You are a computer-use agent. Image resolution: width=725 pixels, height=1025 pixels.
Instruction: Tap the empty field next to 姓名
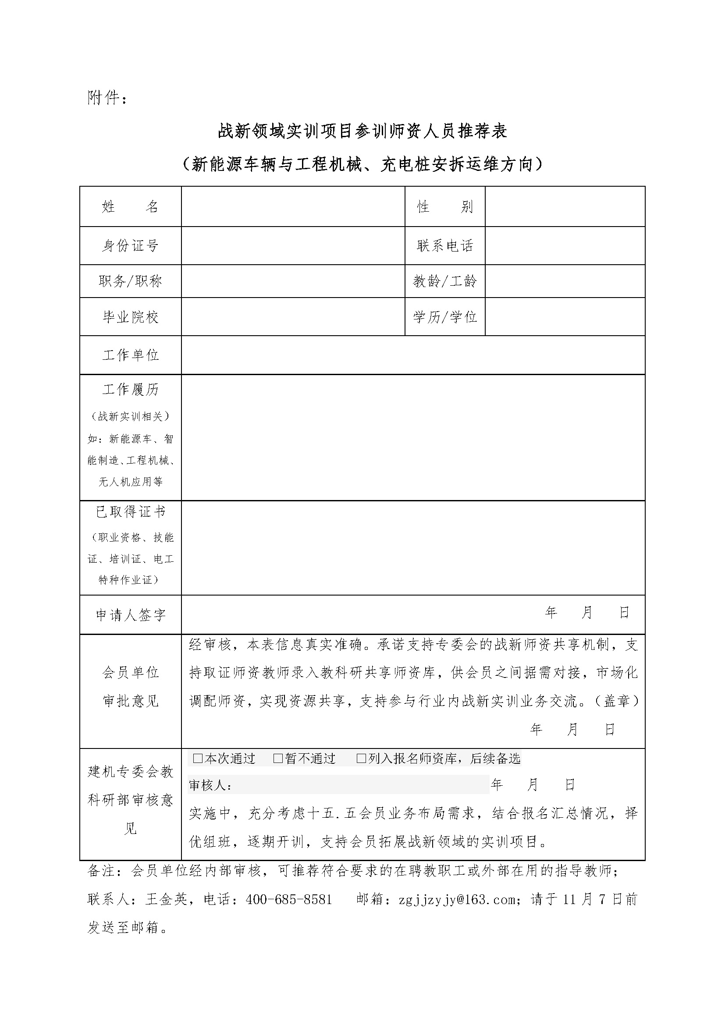pos(293,206)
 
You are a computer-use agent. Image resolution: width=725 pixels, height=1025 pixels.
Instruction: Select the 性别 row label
pos(444,206)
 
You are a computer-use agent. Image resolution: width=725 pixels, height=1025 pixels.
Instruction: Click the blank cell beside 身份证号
pos(293,245)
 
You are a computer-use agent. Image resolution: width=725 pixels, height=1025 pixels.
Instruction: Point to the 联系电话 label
pos(444,245)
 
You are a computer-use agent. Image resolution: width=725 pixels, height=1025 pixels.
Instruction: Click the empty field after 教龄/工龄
pos(565,281)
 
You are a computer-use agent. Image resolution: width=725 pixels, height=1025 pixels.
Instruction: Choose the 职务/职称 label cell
pos(130,281)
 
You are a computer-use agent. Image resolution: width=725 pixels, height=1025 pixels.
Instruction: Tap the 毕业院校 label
pos(130,317)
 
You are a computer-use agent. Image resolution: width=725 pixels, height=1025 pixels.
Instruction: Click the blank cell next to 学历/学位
pos(565,316)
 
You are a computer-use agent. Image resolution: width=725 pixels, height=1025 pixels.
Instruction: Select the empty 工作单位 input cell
pos(413,355)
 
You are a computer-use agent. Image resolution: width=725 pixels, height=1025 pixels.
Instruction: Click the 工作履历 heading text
pos(130,390)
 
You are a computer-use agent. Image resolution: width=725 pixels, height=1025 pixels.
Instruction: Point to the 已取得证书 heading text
pos(130,512)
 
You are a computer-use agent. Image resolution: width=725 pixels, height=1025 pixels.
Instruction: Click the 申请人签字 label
pos(130,615)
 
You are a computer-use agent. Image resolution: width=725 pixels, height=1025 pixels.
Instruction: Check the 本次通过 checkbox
pos(197,759)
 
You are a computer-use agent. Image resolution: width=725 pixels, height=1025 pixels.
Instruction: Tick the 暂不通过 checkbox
pos(277,759)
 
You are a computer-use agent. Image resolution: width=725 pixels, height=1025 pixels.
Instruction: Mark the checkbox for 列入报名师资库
pos(361,759)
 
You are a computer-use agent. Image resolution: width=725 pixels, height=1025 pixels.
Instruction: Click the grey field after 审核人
pos(361,785)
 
